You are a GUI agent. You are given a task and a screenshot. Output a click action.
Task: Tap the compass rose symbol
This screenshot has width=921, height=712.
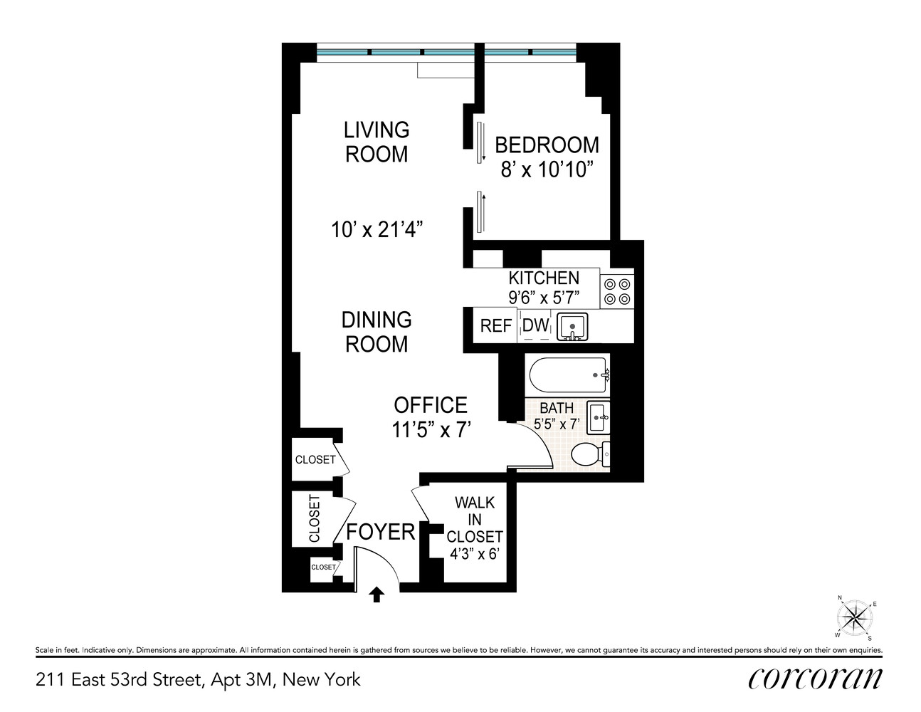point(855,616)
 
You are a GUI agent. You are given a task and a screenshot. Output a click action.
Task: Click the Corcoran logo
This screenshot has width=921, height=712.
point(815,679)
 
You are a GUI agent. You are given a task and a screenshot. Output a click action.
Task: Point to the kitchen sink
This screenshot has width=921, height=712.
point(572,327)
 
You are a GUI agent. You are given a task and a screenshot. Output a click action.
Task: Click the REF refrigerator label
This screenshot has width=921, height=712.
point(496,326)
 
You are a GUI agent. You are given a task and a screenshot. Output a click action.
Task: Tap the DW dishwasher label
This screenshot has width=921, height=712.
point(536,326)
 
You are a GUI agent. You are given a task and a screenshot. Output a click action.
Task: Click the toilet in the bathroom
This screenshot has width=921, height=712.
point(590,454)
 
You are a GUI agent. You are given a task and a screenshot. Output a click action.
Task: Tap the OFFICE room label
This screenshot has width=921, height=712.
point(431,405)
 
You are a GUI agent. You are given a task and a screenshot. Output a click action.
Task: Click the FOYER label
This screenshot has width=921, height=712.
point(380,532)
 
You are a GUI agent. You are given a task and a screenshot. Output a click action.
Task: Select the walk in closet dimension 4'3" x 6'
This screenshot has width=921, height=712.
point(474,554)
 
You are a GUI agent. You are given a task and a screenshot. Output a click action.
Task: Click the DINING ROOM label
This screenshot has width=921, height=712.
point(377,332)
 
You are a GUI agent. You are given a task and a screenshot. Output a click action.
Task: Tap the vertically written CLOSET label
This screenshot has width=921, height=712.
point(315,519)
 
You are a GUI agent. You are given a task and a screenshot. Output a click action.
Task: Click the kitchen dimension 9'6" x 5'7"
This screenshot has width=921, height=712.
point(544,298)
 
